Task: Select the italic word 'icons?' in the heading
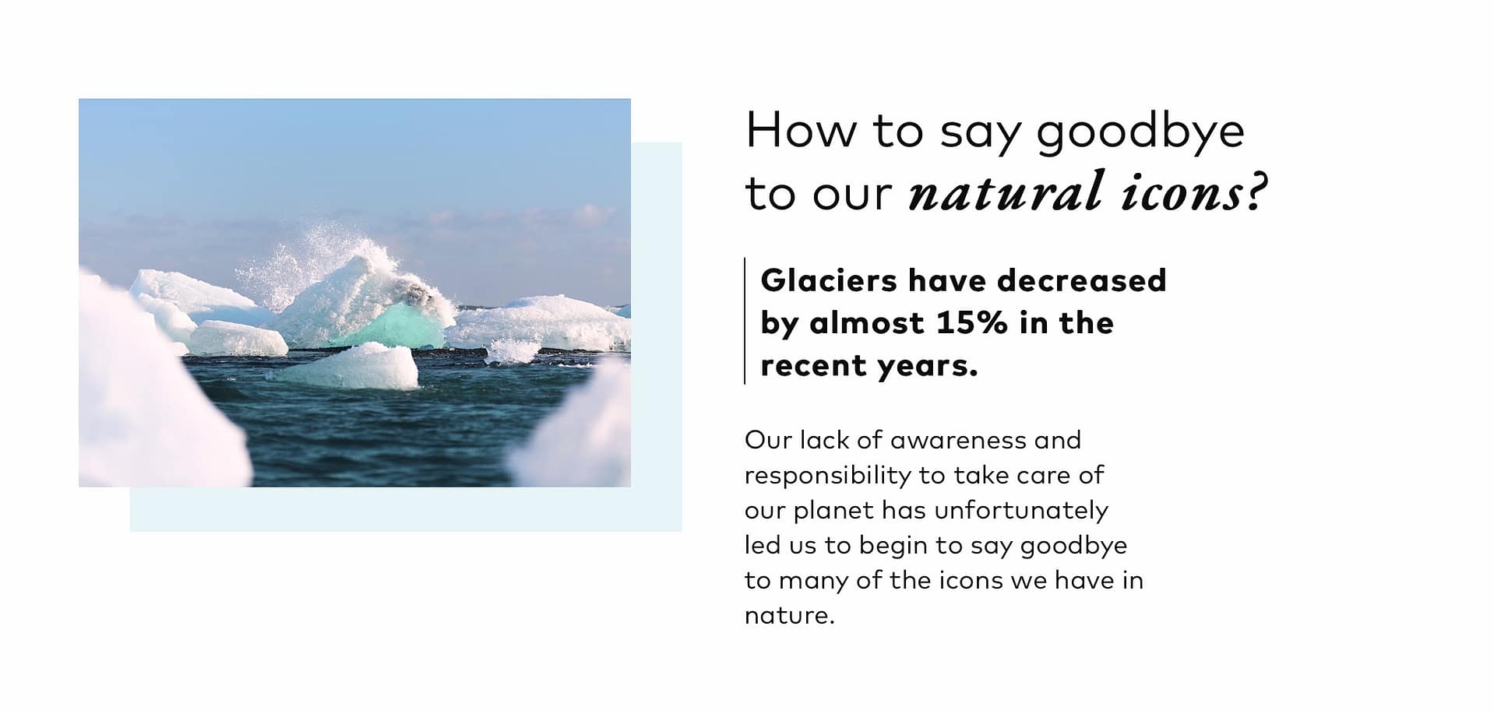point(1195,192)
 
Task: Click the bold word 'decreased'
point(1082,280)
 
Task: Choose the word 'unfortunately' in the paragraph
point(1021,511)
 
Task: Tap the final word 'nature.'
point(789,616)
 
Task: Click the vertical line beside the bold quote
point(745,321)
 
